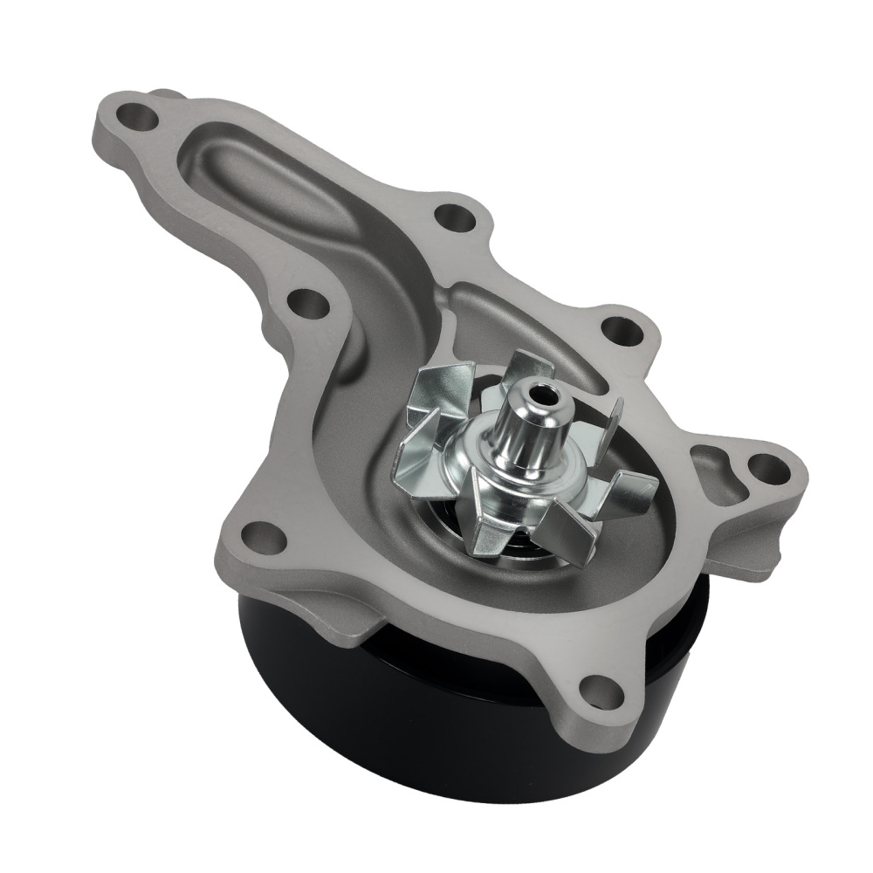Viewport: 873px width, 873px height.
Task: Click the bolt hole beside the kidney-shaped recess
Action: [763, 467]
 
